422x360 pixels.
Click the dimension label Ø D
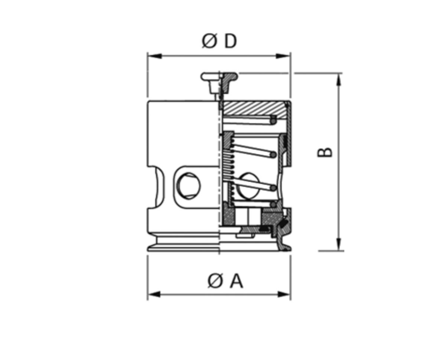click(219, 41)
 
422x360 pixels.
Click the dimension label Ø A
click(226, 281)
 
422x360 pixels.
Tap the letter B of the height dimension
click(325, 152)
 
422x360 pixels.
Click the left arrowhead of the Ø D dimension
click(155, 56)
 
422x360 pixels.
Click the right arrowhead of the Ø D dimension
click(283, 56)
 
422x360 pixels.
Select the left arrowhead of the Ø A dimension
click(155, 294)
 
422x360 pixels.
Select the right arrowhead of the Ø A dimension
click(283, 294)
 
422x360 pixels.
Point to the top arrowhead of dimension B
click(339, 80)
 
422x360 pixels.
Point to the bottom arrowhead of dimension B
click(339, 244)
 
